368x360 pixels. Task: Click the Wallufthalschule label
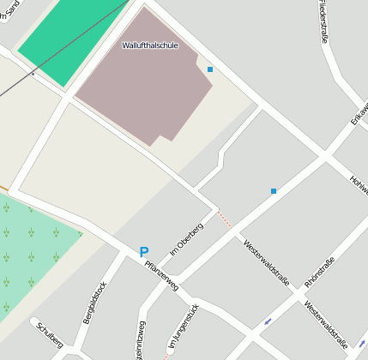click(150, 45)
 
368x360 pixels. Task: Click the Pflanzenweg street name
click(161, 276)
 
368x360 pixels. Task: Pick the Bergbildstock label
click(94, 303)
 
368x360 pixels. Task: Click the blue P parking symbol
click(143, 253)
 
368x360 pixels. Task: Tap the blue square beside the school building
click(210, 69)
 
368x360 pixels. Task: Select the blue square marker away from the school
click(274, 191)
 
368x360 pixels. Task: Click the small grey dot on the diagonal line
click(33, 74)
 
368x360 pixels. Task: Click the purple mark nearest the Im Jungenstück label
click(268, 322)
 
